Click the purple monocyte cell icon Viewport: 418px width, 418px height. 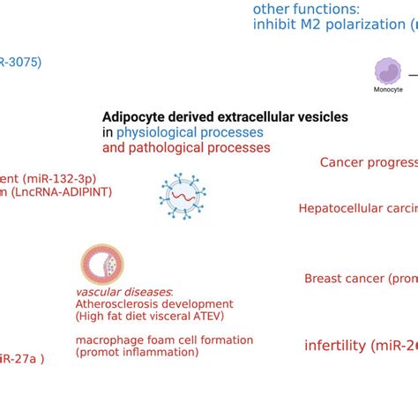click(387, 71)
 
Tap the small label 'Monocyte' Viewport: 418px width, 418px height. click(388, 90)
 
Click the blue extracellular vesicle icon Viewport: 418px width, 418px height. click(182, 195)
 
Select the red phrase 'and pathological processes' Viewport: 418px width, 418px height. click(186, 148)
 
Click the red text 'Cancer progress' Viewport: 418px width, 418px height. click(368, 162)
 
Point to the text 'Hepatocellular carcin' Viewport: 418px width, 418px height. click(357, 209)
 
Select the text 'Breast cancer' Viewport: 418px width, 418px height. click(345, 279)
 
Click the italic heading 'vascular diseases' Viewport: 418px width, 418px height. click(123, 292)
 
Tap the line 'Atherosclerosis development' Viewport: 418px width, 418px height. click(154, 304)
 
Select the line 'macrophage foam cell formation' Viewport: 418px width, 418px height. click(164, 340)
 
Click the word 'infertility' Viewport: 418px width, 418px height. click(335, 346)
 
